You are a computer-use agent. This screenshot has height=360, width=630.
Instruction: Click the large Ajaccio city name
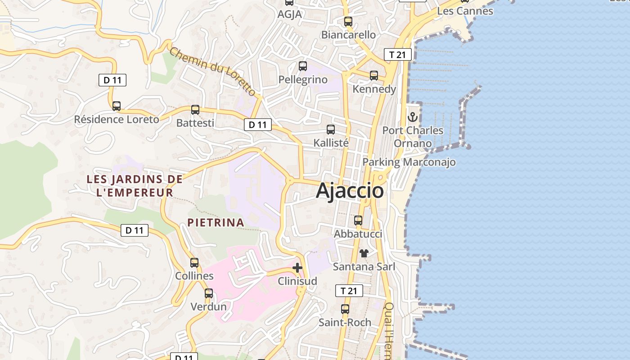(x=350, y=190)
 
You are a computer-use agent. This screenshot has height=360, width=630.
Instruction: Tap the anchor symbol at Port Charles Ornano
(x=413, y=117)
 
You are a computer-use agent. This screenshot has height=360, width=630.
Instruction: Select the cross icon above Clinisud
(x=297, y=268)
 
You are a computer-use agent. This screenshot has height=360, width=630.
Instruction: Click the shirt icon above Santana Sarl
(x=364, y=253)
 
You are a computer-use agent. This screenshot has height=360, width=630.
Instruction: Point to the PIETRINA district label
(x=216, y=222)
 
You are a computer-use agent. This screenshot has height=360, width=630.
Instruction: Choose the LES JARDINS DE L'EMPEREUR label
(x=135, y=186)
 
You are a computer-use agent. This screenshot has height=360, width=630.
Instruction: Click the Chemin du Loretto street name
(x=213, y=71)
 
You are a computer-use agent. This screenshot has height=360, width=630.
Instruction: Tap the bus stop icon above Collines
(x=194, y=262)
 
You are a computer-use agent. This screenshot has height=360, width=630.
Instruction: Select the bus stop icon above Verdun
(x=209, y=293)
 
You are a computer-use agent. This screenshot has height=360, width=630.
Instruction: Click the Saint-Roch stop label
(x=345, y=322)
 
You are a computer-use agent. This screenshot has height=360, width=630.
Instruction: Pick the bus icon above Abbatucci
(x=358, y=220)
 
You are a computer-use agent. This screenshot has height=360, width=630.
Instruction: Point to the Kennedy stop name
(x=374, y=89)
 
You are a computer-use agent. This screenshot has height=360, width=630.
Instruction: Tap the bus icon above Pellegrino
(x=303, y=66)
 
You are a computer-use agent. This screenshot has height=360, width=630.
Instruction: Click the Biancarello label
(x=348, y=35)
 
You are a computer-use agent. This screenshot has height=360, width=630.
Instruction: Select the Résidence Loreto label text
(x=117, y=119)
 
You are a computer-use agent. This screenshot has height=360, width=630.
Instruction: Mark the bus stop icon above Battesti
(x=195, y=109)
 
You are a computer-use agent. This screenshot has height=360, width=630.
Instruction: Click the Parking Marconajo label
(x=409, y=162)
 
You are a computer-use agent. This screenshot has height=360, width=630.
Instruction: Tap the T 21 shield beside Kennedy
(x=398, y=54)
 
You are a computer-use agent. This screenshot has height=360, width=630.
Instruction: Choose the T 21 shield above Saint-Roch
(x=349, y=291)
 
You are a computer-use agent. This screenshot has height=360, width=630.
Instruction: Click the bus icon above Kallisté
(x=331, y=130)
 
